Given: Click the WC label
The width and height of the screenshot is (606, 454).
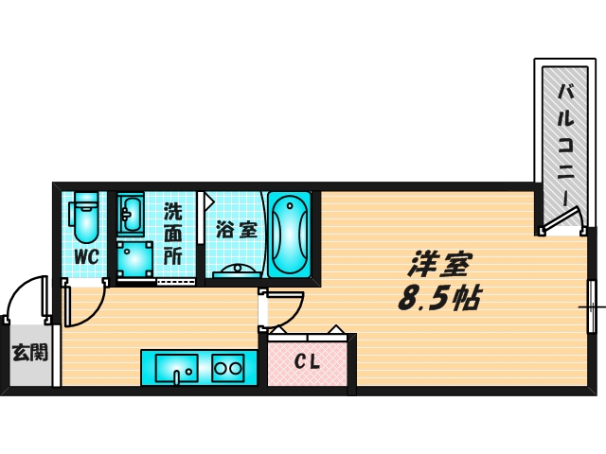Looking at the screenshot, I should pyautogui.click(x=86, y=256).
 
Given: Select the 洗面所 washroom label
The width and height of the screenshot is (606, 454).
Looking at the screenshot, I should pyautogui.click(x=173, y=233).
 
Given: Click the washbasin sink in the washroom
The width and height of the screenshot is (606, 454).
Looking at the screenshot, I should pyautogui.click(x=131, y=215).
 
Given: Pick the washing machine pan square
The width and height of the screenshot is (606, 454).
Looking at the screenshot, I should pyautogui.click(x=134, y=257).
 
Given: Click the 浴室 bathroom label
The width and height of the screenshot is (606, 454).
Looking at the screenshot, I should pyautogui.click(x=236, y=228).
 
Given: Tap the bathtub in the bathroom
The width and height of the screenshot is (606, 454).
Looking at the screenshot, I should pyautogui.click(x=287, y=234).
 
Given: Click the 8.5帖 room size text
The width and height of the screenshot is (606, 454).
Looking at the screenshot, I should pyautogui.click(x=437, y=298).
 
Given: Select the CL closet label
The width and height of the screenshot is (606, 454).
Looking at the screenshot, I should pyautogui.click(x=306, y=361).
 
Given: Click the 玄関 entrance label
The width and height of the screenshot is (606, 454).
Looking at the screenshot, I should pyautogui.click(x=29, y=353).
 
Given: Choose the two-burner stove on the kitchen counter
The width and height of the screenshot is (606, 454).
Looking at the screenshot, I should pyautogui.click(x=227, y=367).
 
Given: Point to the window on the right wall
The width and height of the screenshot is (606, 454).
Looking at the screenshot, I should pyautogui.click(x=592, y=306).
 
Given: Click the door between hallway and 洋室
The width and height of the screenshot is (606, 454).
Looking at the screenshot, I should pyautogui.click(x=282, y=306).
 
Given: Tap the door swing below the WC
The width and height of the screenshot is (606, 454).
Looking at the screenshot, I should pyautogui.click(x=83, y=305).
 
